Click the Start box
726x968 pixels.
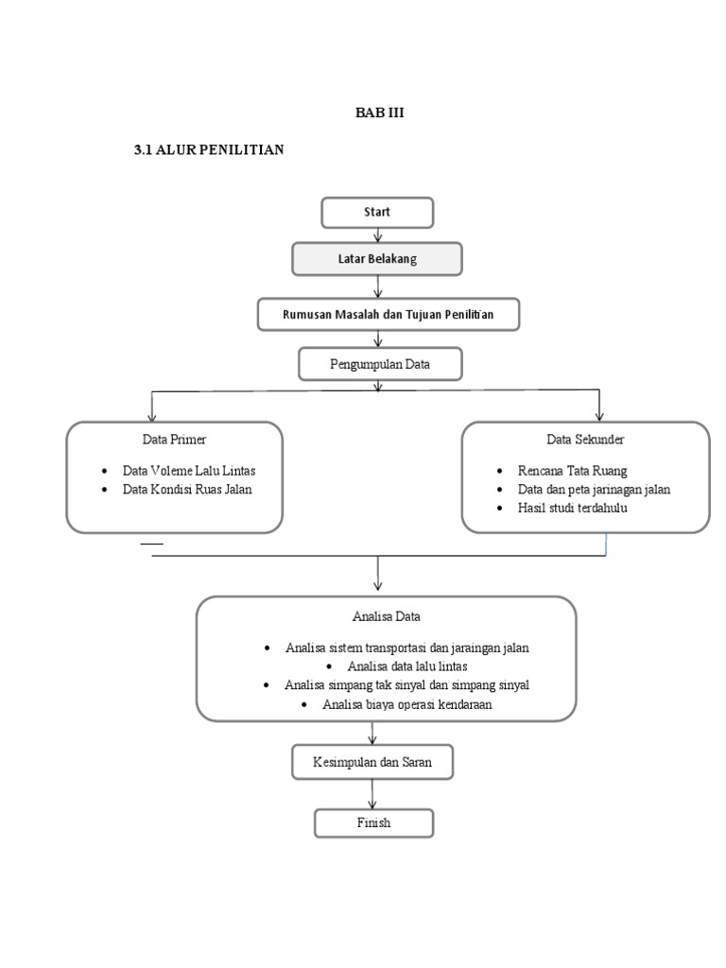tap(377, 213)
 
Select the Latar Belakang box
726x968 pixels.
tap(377, 259)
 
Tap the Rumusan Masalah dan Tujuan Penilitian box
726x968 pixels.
tap(389, 314)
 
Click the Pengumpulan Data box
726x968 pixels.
tap(380, 364)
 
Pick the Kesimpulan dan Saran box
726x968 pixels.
tap(372, 762)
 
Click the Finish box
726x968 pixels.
tap(374, 823)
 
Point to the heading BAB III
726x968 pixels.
tap(380, 112)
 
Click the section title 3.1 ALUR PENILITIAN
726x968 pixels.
tap(209, 149)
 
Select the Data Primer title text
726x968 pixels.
tap(174, 440)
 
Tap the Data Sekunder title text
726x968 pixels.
tap(585, 440)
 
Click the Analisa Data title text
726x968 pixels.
tap(387, 616)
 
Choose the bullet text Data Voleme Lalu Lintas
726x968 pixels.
tap(189, 471)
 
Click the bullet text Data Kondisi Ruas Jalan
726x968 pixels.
tap(187, 489)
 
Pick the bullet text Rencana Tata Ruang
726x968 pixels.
tap(572, 471)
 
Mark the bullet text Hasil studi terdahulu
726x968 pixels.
tap(572, 508)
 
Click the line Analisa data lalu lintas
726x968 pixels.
tap(407, 666)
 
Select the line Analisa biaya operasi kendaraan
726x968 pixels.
tap(407, 704)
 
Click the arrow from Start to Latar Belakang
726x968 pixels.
tap(378, 235)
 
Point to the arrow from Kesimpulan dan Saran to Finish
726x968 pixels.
tap(372, 794)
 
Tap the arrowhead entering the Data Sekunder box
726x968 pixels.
tap(598, 417)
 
